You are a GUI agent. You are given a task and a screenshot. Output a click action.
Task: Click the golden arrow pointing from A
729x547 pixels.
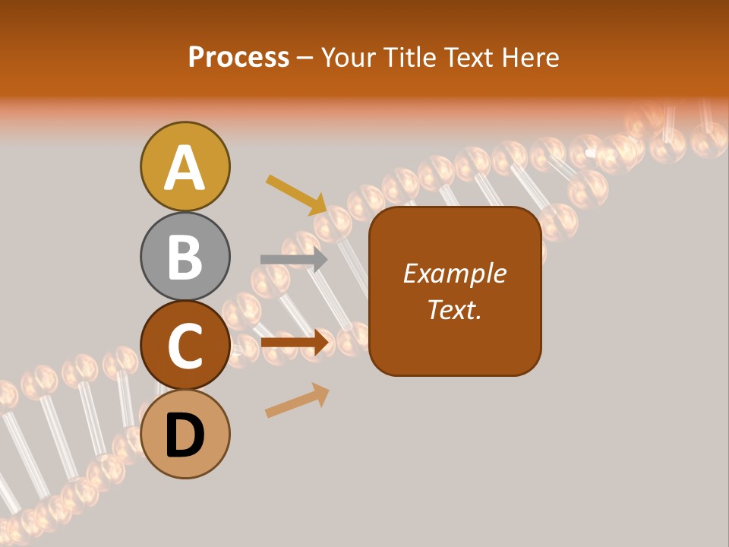coord(297,194)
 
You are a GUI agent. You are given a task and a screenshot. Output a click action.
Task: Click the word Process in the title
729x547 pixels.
coord(238,58)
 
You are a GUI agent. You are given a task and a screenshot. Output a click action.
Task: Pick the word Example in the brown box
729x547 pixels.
coord(454,273)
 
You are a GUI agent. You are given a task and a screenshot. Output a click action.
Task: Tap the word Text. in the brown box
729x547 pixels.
coord(454,309)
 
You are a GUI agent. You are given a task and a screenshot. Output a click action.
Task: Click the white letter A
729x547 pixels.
coord(185,168)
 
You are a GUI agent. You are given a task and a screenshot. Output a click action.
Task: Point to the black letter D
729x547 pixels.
coord(185,435)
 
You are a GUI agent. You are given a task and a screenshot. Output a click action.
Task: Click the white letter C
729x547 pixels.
coord(185,346)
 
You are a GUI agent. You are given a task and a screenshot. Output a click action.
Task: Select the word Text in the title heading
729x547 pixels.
coord(469,58)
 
